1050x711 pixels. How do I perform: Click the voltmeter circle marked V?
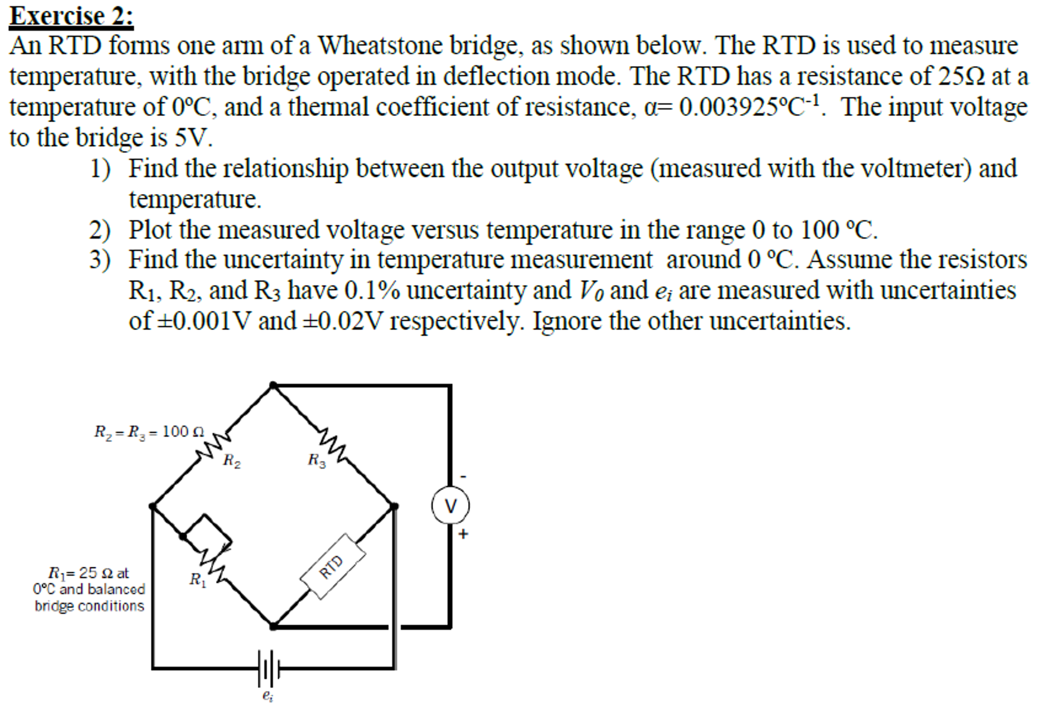point(450,505)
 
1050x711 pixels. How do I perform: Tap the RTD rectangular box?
point(333,566)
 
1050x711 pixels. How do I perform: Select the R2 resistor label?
point(232,460)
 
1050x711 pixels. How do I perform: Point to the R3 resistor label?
point(317,460)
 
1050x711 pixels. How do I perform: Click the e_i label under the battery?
point(268,696)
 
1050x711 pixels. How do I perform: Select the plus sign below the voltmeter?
point(463,534)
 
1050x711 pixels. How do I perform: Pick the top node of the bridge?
point(274,385)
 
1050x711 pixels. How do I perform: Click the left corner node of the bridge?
point(153,506)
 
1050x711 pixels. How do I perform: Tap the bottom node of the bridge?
point(274,626)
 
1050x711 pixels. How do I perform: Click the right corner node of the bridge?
point(394,506)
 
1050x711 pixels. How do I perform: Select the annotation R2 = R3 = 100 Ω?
point(149,432)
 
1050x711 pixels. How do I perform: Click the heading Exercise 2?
point(71,15)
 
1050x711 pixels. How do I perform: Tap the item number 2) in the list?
point(100,230)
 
